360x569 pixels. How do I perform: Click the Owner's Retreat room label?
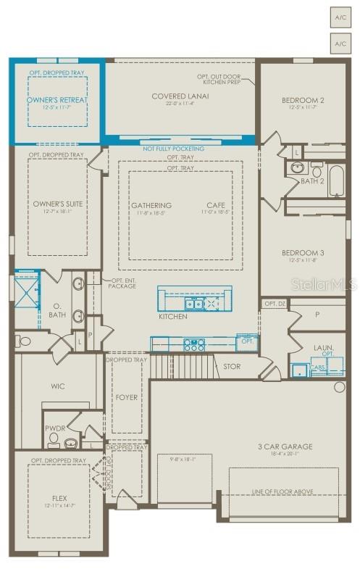tap(56, 100)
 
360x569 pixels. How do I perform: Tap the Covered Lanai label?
tap(180, 96)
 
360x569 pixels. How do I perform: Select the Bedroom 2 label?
tap(303, 100)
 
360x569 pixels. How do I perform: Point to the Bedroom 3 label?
tap(303, 252)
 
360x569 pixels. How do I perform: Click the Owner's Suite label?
tap(58, 204)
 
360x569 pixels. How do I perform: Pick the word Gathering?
tap(151, 205)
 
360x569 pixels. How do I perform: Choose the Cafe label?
tap(216, 205)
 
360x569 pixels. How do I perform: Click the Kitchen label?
tap(173, 316)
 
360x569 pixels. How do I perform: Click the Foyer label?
tap(127, 397)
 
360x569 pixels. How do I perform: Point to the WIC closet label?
tap(58, 386)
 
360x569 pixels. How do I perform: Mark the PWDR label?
tap(55, 428)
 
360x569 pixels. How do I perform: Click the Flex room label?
tap(59, 498)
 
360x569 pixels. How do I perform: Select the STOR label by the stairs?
tap(232, 367)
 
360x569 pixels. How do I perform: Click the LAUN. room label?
tap(324, 348)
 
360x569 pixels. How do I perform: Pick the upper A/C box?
tap(340, 15)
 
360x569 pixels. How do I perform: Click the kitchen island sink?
tap(194, 303)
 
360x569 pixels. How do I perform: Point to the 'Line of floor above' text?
tap(283, 491)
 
